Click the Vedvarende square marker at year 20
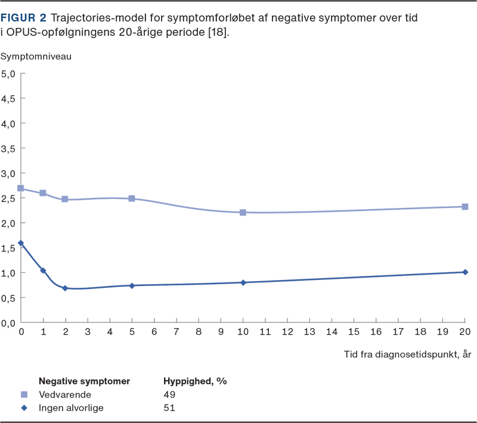[x=465, y=207]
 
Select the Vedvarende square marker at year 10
[x=243, y=212]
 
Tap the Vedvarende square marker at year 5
[x=132, y=198]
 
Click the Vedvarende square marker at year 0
[x=21, y=188]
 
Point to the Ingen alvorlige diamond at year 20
[x=465, y=272]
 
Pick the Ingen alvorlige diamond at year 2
[x=66, y=288]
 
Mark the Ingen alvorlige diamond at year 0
[x=21, y=243]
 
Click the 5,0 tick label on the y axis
[x=9, y=74]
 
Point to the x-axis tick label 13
[x=309, y=331]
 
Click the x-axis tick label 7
[x=176, y=331]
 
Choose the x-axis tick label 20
[x=465, y=331]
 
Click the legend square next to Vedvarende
[x=24, y=394]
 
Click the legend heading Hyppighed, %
[x=195, y=380]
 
